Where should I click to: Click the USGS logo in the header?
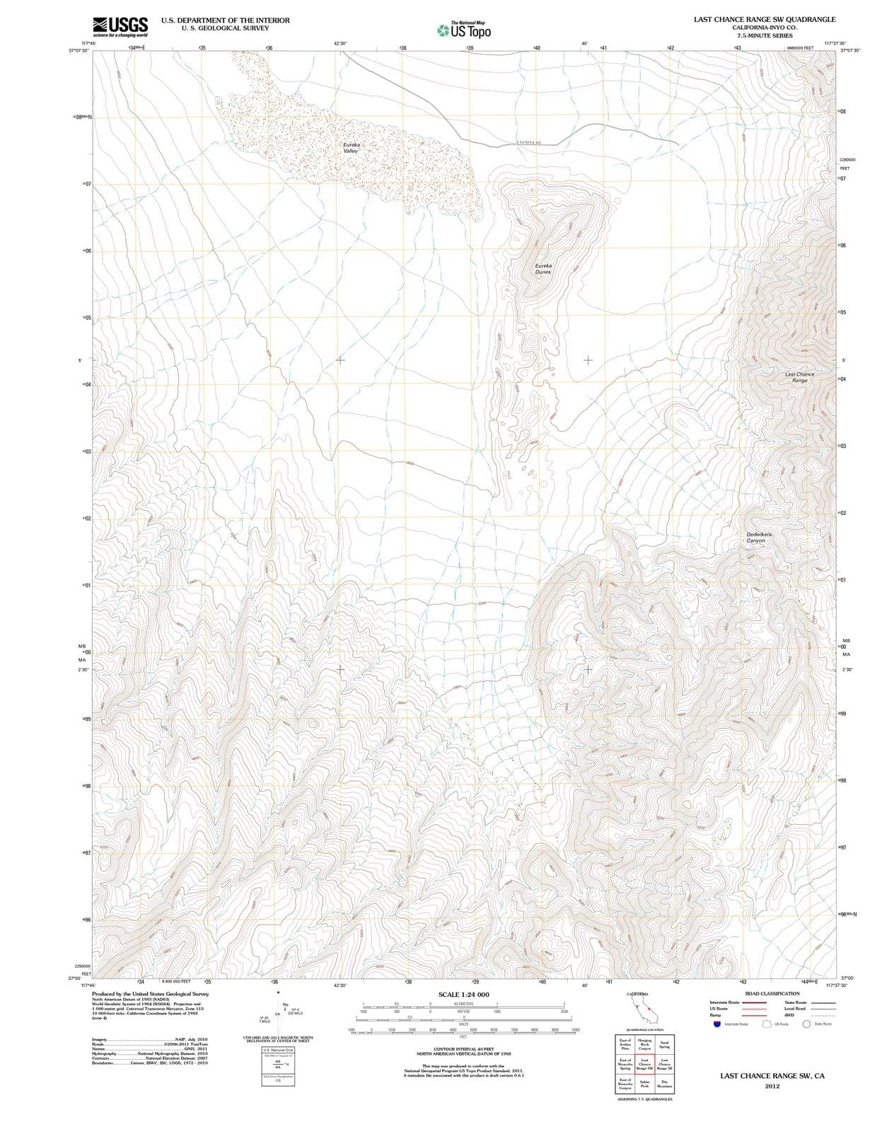[120, 27]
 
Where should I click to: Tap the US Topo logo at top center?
[464, 30]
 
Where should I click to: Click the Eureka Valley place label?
[352, 147]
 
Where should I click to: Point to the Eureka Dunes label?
[543, 269]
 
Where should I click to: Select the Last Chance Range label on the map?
[799, 377]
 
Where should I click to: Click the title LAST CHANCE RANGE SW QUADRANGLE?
[765, 20]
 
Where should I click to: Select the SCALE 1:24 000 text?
[463, 995]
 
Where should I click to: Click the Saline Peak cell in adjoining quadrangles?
[644, 1083]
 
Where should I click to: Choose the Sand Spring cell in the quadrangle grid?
[664, 1044]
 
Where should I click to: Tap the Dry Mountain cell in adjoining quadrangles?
[664, 1083]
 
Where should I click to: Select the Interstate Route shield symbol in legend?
[716, 1024]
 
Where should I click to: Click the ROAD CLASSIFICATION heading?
[772, 993]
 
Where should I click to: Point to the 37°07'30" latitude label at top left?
[79, 50]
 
